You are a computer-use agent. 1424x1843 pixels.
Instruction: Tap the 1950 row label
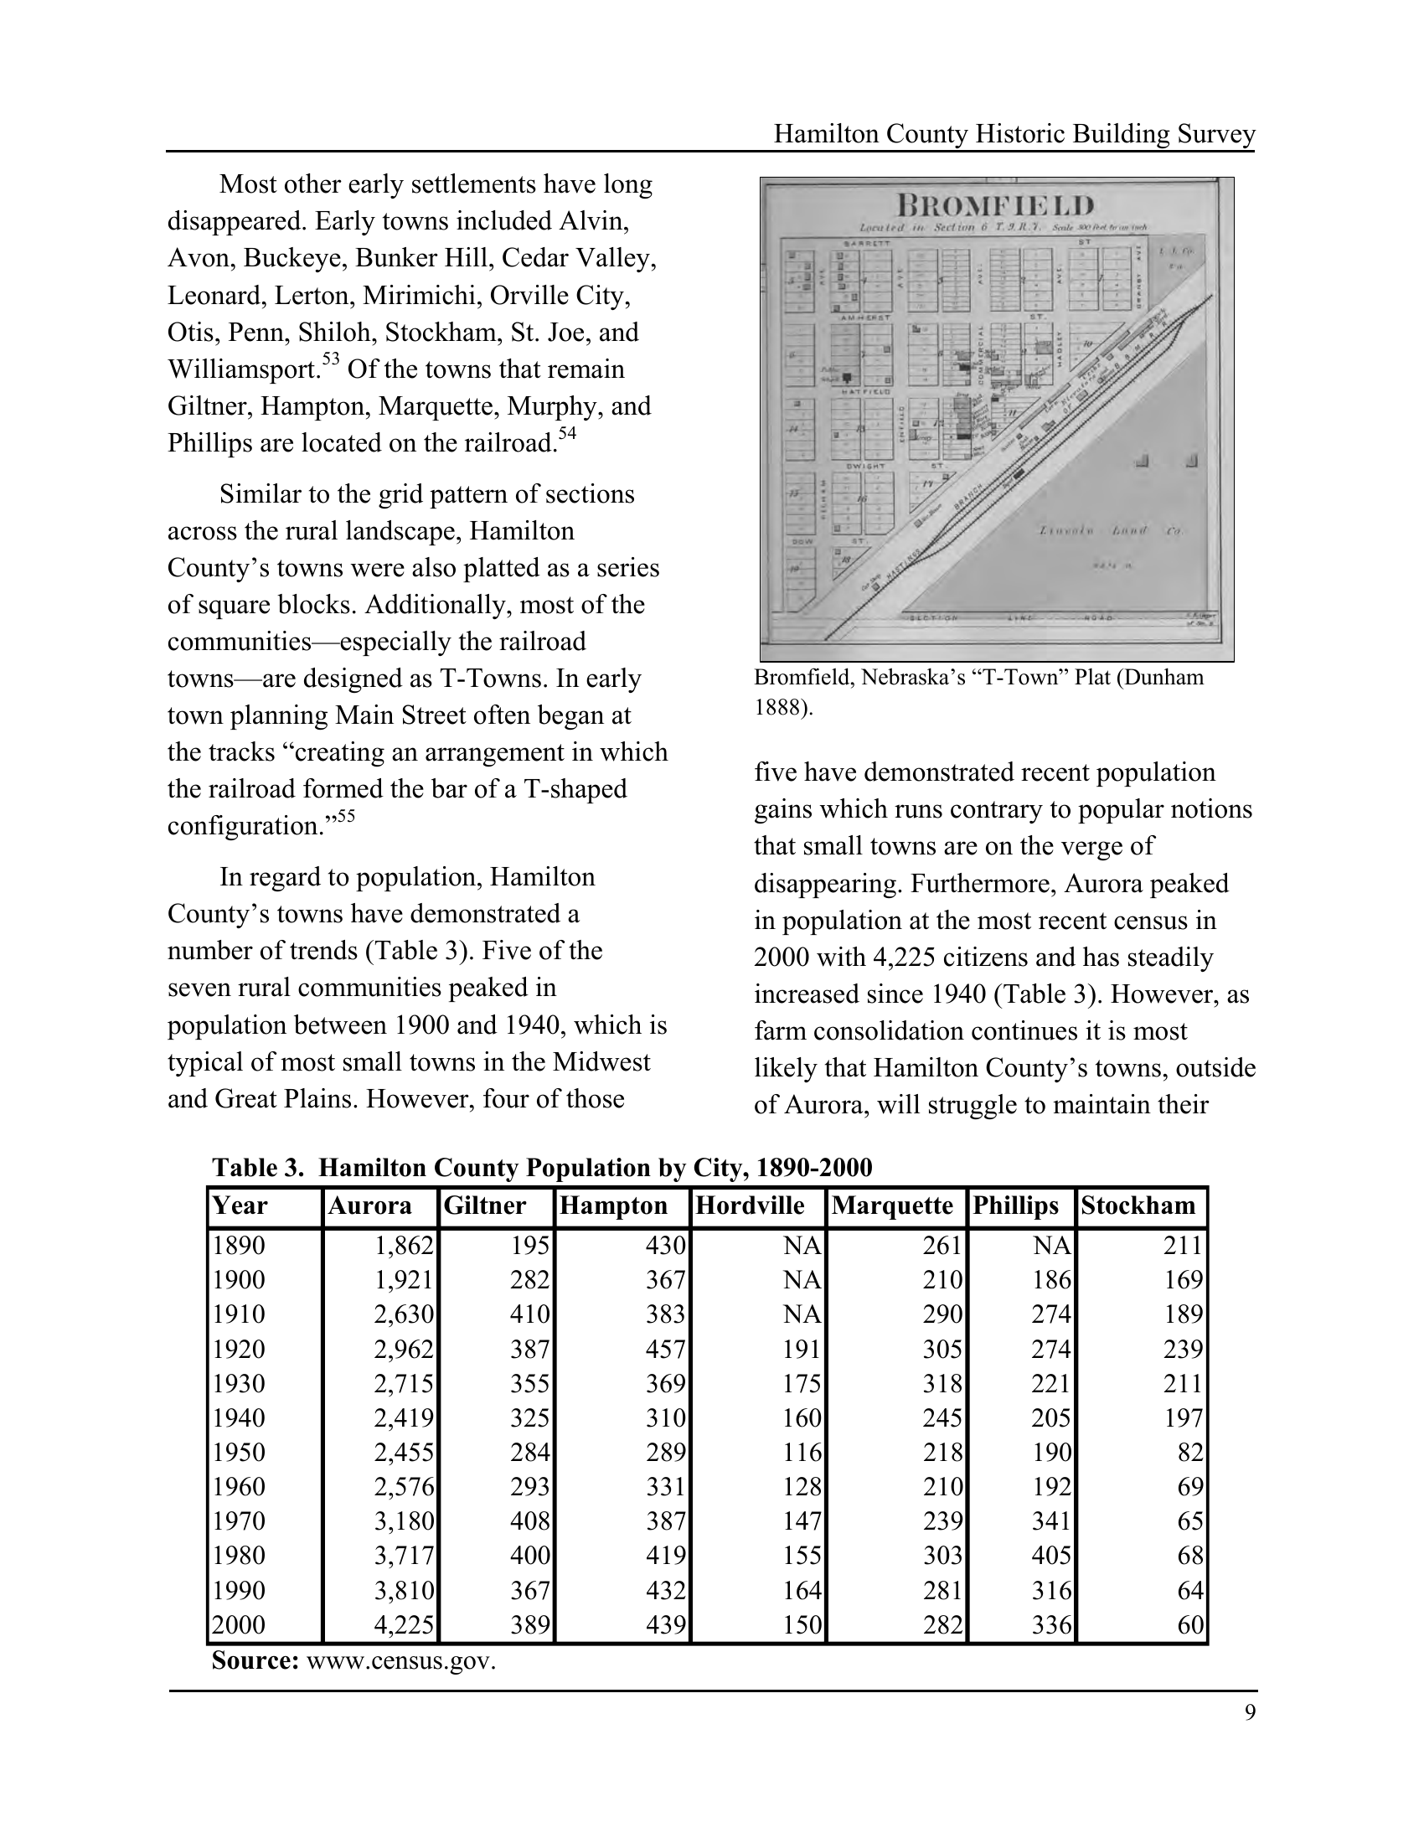tap(239, 1453)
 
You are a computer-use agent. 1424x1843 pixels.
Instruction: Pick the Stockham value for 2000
tap(1189, 1624)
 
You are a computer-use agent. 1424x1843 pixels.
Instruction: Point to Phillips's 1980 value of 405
tap(1051, 1556)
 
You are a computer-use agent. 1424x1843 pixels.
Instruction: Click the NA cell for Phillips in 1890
tap(1051, 1245)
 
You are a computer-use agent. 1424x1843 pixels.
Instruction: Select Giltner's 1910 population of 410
tap(529, 1314)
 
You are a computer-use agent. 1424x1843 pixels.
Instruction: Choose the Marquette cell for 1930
tap(942, 1383)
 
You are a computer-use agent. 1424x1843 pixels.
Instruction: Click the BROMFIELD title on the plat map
tap(995, 205)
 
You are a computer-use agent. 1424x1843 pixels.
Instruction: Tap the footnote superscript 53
tap(330, 359)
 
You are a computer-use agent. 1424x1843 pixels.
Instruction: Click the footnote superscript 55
tap(346, 815)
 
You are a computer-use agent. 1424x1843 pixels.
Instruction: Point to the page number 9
tap(1250, 1711)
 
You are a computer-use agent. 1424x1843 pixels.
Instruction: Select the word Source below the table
tap(255, 1661)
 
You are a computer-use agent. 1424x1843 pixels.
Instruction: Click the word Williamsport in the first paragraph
tap(243, 369)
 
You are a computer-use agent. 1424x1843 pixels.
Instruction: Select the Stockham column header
tap(1138, 1205)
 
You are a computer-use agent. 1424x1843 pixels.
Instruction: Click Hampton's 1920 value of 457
tap(666, 1349)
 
